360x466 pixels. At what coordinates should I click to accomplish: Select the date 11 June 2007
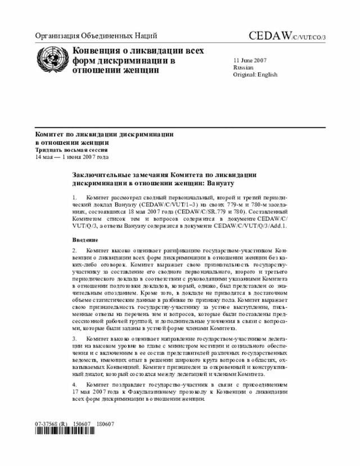pyautogui.click(x=250, y=60)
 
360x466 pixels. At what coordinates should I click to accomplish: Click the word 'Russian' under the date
pyautogui.click(x=243, y=67)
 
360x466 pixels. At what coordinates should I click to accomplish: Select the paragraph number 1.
pyautogui.click(x=74, y=198)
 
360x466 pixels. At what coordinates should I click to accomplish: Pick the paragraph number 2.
pyautogui.click(x=74, y=250)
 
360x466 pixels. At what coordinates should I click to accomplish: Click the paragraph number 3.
pyautogui.click(x=74, y=339)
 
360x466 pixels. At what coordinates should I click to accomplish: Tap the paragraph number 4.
pyautogui.click(x=74, y=384)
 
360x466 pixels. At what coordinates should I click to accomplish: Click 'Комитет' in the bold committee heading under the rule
pyautogui.click(x=49, y=135)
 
